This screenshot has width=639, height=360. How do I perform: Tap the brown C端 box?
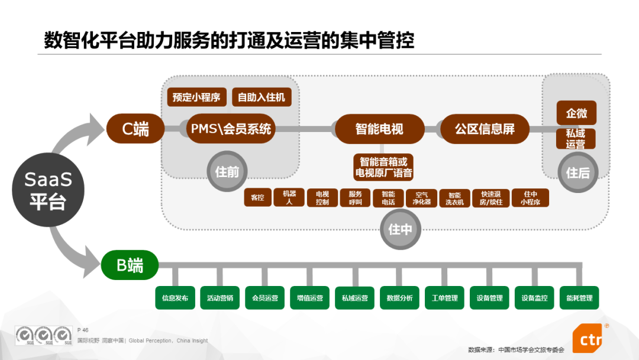pyautogui.click(x=135, y=128)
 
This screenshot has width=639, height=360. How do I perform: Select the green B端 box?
pyautogui.click(x=130, y=265)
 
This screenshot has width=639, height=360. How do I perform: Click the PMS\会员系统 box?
pyautogui.click(x=230, y=128)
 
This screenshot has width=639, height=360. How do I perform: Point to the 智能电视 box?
pyautogui.click(x=379, y=128)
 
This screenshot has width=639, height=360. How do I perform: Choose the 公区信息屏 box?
pyautogui.click(x=485, y=128)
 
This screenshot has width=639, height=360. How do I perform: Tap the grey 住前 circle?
pyautogui.click(x=227, y=172)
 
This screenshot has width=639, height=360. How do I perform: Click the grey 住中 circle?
pyautogui.click(x=400, y=229)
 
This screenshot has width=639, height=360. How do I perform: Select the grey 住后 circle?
pyautogui.click(x=577, y=172)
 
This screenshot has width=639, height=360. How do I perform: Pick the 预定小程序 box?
pyautogui.click(x=196, y=97)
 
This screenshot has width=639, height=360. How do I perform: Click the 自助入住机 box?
pyautogui.click(x=262, y=97)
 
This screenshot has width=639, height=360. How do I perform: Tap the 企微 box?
pyautogui.click(x=576, y=113)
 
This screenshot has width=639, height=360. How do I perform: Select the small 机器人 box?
pyautogui.click(x=289, y=198)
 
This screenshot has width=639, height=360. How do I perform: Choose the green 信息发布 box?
pyautogui.click(x=175, y=298)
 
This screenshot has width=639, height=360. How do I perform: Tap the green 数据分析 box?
pyautogui.click(x=399, y=298)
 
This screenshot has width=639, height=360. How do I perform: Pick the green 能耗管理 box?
pyautogui.click(x=579, y=298)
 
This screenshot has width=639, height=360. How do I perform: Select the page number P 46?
pyautogui.click(x=83, y=330)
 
